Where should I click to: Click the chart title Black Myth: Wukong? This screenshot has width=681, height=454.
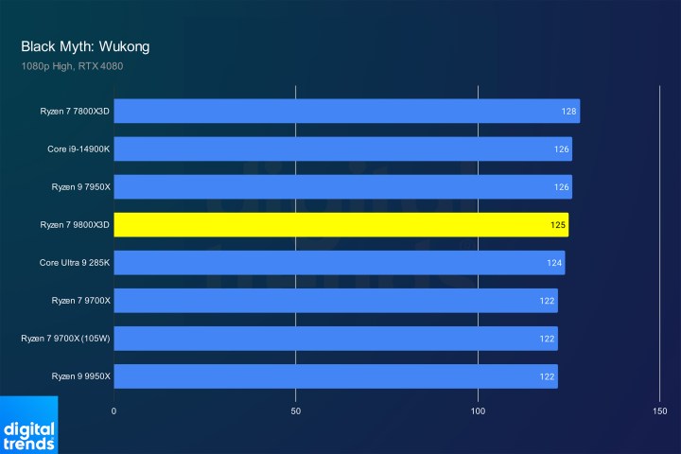point(85,46)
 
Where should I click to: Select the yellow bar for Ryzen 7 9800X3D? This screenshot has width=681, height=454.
point(340,225)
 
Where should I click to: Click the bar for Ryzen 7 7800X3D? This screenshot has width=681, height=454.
point(346,112)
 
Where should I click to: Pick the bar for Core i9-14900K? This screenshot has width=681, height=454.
point(342,149)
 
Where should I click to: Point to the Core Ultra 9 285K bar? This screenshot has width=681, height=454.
point(339,263)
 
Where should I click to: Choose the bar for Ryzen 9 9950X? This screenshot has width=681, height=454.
point(335,376)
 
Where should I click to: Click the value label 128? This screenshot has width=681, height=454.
point(568,112)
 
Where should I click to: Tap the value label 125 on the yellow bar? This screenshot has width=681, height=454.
point(558,225)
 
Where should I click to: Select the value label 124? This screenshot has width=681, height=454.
point(554,263)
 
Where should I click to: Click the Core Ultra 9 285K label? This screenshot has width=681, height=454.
point(75,263)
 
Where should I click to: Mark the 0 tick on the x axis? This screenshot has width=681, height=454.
point(113,411)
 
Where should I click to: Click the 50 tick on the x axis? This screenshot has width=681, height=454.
point(296,411)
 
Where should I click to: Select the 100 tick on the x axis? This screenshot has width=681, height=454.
point(479,411)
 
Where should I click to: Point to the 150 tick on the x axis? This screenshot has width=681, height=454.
point(660,411)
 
